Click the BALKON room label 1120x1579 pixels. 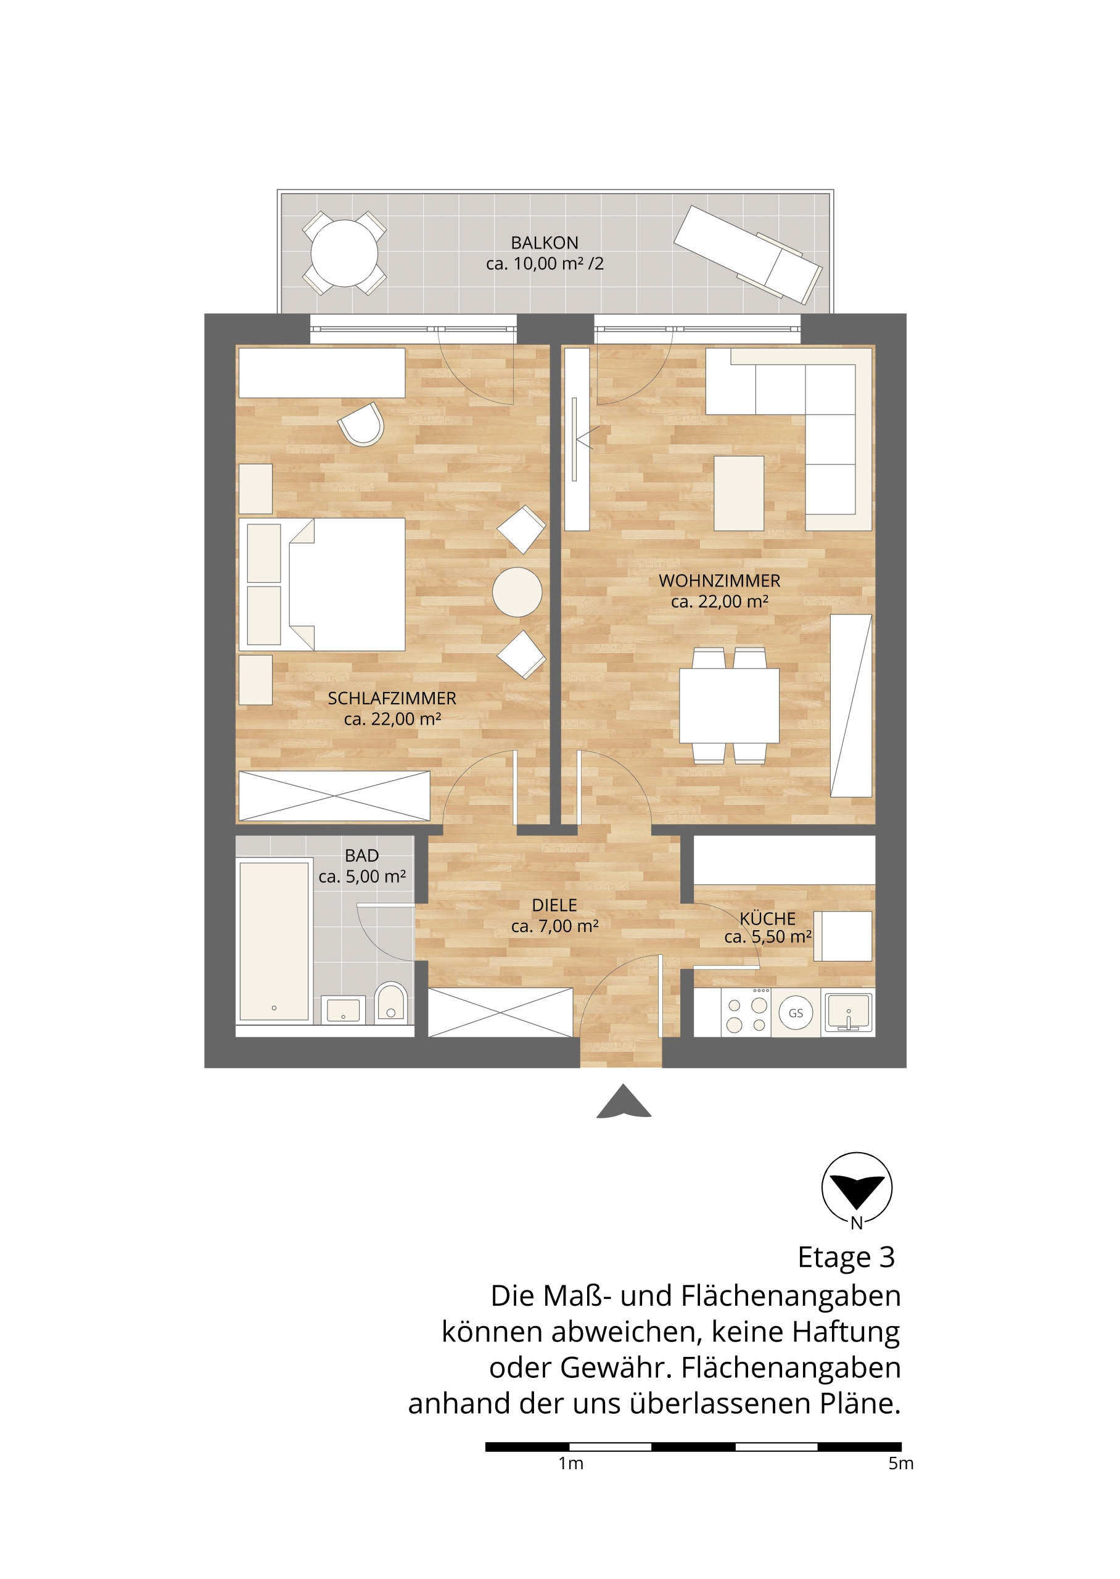(x=544, y=243)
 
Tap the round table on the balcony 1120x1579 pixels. (x=344, y=253)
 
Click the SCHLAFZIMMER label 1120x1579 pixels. (x=392, y=698)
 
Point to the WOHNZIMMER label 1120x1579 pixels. (x=719, y=581)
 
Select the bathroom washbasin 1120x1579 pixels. (x=344, y=1010)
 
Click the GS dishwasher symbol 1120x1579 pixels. (x=796, y=1013)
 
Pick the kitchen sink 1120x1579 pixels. (x=848, y=1012)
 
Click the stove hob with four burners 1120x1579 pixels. (x=746, y=1012)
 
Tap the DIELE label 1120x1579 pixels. (x=554, y=905)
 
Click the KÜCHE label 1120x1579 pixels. (x=768, y=918)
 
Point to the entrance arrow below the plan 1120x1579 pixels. (x=624, y=1101)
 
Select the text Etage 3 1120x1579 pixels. (x=846, y=1257)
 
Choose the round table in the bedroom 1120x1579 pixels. (x=517, y=592)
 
